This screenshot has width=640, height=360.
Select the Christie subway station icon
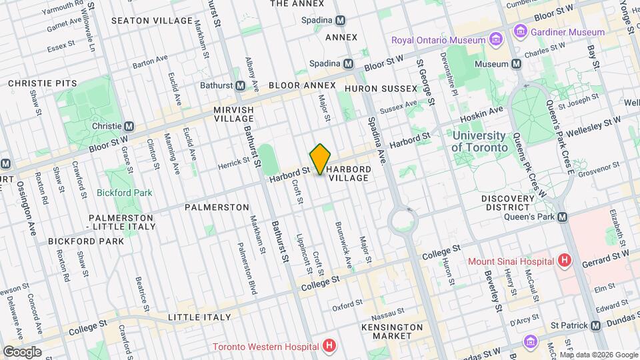(x=129, y=126)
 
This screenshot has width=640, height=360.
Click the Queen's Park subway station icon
(x=563, y=217)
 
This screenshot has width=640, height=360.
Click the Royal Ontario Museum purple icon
(x=495, y=40)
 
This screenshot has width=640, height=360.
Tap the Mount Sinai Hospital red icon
(x=565, y=260)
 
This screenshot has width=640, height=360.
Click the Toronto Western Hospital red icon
(x=328, y=346)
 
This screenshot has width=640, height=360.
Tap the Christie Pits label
(x=42, y=83)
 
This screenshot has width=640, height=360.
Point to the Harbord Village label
(x=348, y=173)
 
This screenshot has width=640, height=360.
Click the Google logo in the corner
(x=22, y=351)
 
